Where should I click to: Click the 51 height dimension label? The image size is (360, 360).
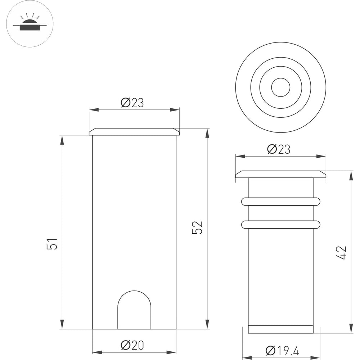click(52, 244)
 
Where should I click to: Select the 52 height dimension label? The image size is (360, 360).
click(197, 228)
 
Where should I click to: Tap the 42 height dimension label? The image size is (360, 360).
click(341, 253)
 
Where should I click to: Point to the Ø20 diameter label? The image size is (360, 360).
click(132, 345)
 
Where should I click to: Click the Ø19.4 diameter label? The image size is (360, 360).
click(282, 350)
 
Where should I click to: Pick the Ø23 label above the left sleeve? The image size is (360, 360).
click(132, 103)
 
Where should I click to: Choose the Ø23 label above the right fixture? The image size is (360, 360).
click(279, 149)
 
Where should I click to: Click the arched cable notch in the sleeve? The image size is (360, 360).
click(134, 291)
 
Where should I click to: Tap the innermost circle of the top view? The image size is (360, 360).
click(280, 78)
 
